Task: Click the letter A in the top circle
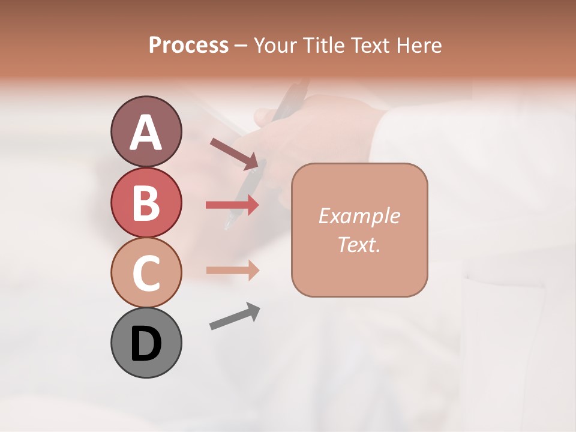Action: tap(146, 133)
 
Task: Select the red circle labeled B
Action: tap(146, 202)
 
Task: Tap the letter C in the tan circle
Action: tap(146, 272)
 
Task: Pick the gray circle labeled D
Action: tap(146, 343)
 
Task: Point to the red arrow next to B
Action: tap(232, 205)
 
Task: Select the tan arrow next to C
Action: tap(232, 270)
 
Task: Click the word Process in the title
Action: tap(188, 46)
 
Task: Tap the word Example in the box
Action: tap(359, 216)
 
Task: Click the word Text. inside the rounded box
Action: tap(359, 244)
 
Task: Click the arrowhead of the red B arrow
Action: tap(253, 205)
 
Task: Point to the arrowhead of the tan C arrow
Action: tap(253, 270)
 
